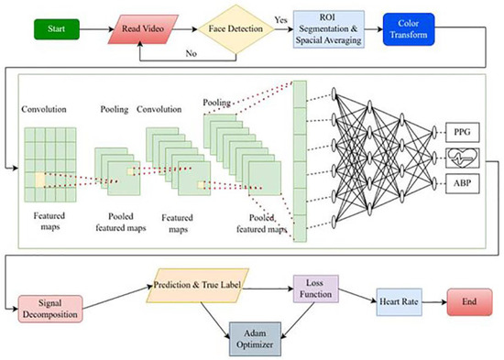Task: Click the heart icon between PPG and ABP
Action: pos(460,157)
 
